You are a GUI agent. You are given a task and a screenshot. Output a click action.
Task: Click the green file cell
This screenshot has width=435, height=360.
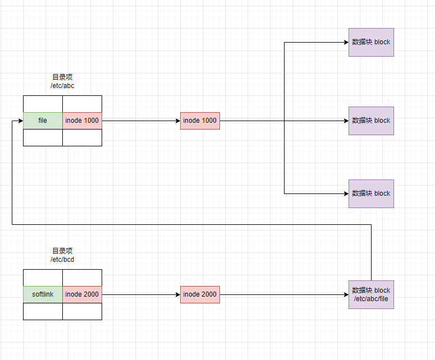pyautogui.click(x=43, y=121)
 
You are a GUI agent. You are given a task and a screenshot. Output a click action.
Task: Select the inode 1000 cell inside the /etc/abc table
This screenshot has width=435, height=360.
pyautogui.click(x=82, y=121)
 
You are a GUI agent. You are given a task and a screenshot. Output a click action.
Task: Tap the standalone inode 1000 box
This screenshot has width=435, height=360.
pyautogui.click(x=200, y=121)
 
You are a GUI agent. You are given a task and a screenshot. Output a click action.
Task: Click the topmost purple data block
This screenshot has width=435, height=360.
pyautogui.click(x=371, y=42)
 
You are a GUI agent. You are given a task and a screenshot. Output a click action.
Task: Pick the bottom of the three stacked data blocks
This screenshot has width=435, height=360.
pyautogui.click(x=371, y=193)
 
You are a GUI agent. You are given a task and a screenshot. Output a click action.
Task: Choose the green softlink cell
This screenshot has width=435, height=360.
pyautogui.click(x=43, y=294)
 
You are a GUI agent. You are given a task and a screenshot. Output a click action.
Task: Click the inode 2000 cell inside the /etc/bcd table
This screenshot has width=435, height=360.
pyautogui.click(x=82, y=294)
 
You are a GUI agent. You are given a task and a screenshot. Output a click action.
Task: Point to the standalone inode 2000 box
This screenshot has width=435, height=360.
pyautogui.click(x=200, y=294)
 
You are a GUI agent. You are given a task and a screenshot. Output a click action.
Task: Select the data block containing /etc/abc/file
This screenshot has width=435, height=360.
pyautogui.click(x=371, y=294)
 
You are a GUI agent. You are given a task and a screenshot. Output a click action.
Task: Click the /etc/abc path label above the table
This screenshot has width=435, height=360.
pyautogui.click(x=62, y=86)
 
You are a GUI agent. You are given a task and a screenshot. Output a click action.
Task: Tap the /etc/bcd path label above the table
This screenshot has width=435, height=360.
pyautogui.click(x=62, y=260)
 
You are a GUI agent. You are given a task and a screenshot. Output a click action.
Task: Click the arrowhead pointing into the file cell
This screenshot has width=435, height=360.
pyautogui.click(x=20, y=121)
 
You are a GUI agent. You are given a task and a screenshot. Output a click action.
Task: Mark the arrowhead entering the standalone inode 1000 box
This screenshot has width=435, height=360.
pyautogui.click(x=177, y=121)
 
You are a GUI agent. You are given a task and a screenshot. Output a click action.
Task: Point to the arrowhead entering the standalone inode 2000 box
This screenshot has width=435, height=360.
pyautogui.click(x=177, y=294)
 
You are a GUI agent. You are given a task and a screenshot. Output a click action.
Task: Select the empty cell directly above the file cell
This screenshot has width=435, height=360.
pyautogui.click(x=43, y=104)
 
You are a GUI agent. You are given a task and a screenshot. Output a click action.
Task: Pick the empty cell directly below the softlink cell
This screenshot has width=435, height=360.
pyautogui.click(x=43, y=311)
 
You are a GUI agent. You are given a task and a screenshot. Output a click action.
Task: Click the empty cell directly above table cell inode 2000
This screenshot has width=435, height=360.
pyautogui.click(x=82, y=278)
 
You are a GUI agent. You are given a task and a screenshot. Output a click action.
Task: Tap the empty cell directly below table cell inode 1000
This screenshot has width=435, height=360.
pyautogui.click(x=82, y=137)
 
